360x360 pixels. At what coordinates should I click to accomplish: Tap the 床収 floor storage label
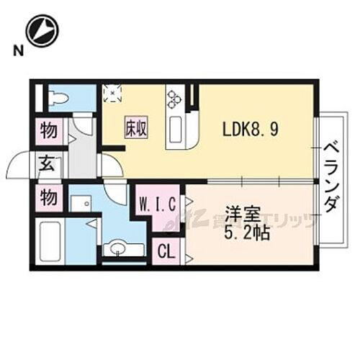135,130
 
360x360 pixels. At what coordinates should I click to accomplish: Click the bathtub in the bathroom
53,240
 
